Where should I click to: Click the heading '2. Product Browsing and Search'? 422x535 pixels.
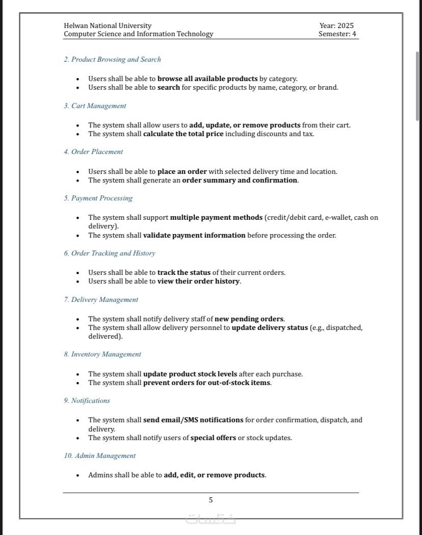112,60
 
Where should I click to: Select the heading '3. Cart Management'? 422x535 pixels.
95,106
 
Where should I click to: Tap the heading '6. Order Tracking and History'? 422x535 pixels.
110,253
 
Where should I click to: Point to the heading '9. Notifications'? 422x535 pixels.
87,401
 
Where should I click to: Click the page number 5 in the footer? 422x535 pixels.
210,500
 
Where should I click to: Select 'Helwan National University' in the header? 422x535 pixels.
108,26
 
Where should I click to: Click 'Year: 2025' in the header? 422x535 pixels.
336,26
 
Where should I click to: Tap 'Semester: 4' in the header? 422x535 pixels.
337,34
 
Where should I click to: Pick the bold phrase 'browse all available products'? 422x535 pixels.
207,79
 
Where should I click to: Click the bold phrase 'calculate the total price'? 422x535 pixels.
183,134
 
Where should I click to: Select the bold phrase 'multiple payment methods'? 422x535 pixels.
216,217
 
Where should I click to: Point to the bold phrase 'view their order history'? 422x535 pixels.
198,282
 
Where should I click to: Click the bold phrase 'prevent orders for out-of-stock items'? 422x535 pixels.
206,383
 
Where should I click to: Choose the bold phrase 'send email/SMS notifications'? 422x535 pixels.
193,420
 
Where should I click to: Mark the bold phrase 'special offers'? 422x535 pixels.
213,438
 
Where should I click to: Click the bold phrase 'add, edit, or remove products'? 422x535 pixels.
214,475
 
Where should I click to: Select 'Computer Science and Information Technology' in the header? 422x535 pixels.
138,34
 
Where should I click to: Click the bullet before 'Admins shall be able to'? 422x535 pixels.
77,475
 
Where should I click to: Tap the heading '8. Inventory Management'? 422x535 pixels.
102,354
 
